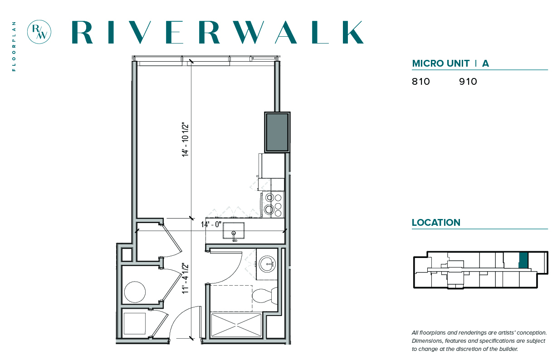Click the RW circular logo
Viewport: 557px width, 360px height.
coord(39,32)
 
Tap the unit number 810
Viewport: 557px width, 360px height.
coord(421,82)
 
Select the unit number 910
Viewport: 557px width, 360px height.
coord(468,82)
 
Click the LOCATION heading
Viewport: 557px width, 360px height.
coord(436,223)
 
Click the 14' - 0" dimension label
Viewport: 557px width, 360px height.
coord(211,224)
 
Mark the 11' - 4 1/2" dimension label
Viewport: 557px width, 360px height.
coord(185,278)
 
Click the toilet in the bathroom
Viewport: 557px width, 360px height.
coord(264,296)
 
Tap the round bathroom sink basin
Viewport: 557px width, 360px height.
coord(267,264)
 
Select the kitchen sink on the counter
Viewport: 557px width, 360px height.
coord(233,231)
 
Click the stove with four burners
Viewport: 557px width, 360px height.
coord(273,204)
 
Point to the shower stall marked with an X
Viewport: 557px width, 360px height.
coord(236,325)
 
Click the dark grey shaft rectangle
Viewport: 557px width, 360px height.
coord(277,132)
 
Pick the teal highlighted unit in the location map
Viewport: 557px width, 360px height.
coord(523,260)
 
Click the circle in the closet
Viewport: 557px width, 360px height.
coord(135,292)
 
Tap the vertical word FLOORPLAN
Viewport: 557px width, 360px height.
coord(14,46)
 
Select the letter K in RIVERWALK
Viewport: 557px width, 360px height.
coord(353,32)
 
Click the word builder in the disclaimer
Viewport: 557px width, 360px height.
coord(508,349)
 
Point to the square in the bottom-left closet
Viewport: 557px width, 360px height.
coord(135,323)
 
